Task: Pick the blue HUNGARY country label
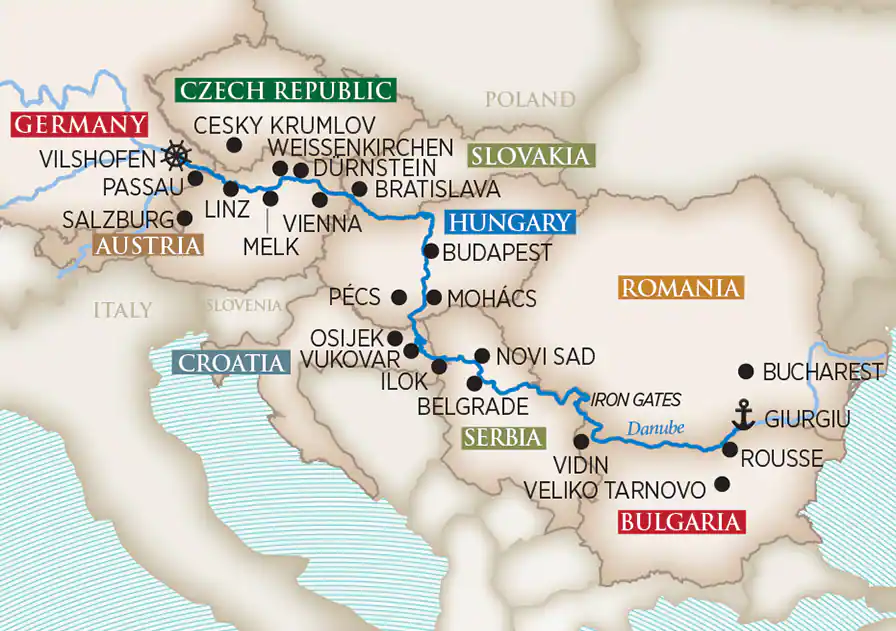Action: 510,222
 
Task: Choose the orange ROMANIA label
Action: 681,289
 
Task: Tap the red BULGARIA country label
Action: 682,522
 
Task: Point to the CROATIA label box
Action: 229,363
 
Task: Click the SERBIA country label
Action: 503,437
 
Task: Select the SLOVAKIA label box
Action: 530,156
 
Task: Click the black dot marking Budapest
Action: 431,251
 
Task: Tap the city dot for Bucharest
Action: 745,371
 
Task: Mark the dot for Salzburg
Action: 184,217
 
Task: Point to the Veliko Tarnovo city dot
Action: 723,485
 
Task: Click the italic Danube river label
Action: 656,427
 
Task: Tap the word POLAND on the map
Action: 530,100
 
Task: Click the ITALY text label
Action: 123,309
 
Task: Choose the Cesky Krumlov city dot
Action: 234,144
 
